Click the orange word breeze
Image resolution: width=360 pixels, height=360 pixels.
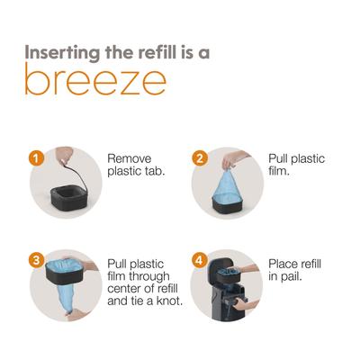(x=95, y=78)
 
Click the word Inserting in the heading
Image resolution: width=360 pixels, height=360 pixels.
(x=62, y=53)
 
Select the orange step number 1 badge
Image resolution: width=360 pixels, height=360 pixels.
(x=36, y=158)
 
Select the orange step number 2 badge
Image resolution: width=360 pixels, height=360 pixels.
(x=199, y=158)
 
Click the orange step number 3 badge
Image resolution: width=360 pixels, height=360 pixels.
(x=36, y=260)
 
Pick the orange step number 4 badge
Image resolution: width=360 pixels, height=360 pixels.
(x=199, y=260)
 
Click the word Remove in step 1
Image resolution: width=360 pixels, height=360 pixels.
(x=130, y=158)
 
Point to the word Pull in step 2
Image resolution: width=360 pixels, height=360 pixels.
(x=277, y=158)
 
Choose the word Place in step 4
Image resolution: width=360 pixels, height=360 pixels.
(x=282, y=264)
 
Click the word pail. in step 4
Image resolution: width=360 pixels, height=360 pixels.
(x=291, y=276)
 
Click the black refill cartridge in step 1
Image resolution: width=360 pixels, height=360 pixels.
(x=68, y=198)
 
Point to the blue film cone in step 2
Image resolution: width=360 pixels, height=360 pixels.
(x=228, y=185)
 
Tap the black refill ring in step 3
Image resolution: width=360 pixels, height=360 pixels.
(x=66, y=273)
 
